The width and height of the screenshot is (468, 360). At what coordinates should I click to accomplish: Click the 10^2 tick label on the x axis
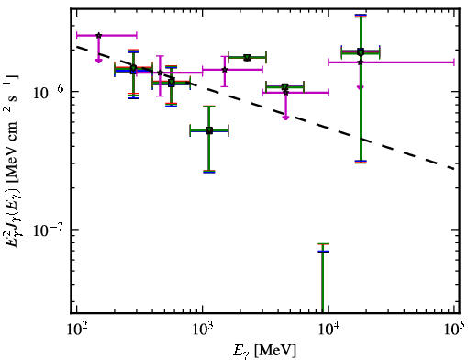76,329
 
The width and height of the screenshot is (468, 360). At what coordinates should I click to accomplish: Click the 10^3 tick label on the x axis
202,329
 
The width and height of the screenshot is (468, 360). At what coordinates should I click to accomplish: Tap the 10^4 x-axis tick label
329,329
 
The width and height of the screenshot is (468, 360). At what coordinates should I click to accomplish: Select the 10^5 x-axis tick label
453,329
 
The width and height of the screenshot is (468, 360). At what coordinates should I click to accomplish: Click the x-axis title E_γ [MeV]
264,351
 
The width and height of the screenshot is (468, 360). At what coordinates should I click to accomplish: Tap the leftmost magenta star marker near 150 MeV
98,36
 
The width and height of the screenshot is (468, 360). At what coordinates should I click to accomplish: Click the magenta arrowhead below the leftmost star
98,61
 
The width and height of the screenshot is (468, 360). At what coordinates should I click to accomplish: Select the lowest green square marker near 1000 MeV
209,130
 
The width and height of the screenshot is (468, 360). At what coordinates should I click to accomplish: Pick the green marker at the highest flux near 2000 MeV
247,57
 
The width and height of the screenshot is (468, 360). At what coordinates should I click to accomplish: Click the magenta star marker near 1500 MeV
225,70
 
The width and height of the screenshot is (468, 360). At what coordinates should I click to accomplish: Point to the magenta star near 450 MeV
160,73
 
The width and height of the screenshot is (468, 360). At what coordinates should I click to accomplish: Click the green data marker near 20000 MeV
361,51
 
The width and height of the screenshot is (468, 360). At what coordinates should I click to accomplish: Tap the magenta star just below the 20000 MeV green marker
361,62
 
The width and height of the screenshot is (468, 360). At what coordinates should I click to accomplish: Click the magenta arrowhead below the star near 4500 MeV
285,118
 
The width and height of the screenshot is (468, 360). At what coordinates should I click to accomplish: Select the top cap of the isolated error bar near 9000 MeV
323,244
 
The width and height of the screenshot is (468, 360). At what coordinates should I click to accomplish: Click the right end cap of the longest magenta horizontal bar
454,62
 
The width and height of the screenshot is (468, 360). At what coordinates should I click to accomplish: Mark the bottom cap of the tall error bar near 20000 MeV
361,162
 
